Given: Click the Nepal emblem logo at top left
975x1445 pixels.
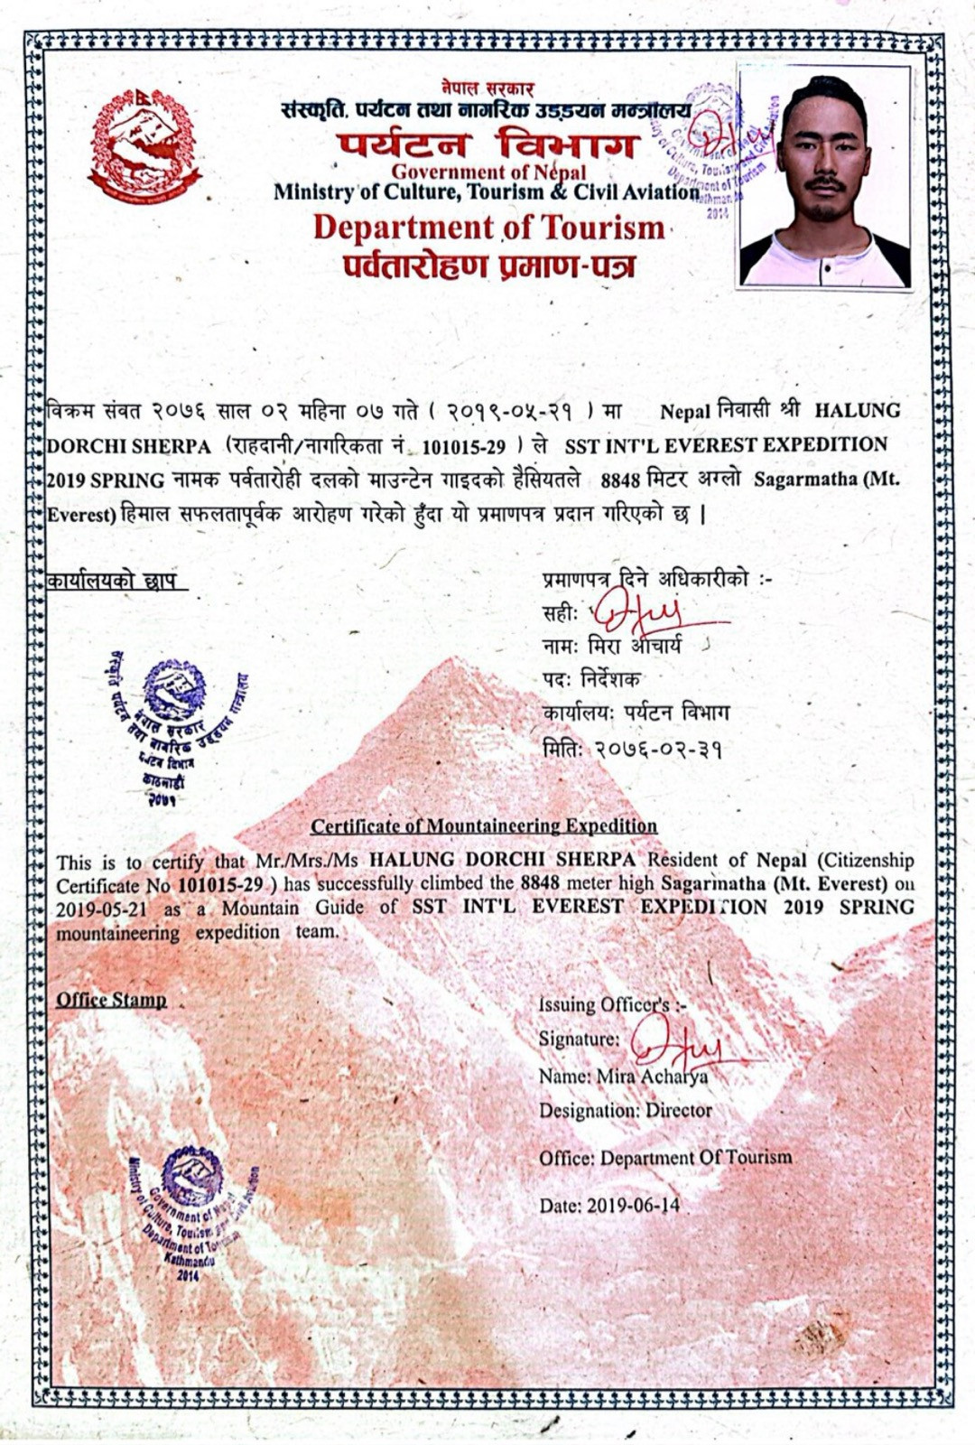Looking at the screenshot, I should pyautogui.click(x=144, y=144).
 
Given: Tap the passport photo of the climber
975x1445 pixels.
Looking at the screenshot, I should pyautogui.click(x=824, y=176).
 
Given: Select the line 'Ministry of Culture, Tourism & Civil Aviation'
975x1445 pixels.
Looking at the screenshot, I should pyautogui.click(x=486, y=191).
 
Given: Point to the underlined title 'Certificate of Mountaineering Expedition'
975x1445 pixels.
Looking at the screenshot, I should pyautogui.click(x=484, y=825).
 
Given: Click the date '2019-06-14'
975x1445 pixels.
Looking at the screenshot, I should pyautogui.click(x=633, y=1205).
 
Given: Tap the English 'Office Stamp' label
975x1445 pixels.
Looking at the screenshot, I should pyautogui.click(x=111, y=1000).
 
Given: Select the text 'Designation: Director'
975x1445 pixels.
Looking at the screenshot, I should pyautogui.click(x=626, y=1110).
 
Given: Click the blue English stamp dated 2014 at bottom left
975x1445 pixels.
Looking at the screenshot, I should pyautogui.click(x=189, y=1210).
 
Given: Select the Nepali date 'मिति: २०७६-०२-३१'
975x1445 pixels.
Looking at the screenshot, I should pyautogui.click(x=632, y=749).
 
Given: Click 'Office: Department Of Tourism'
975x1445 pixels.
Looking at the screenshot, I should pyautogui.click(x=665, y=1158).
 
